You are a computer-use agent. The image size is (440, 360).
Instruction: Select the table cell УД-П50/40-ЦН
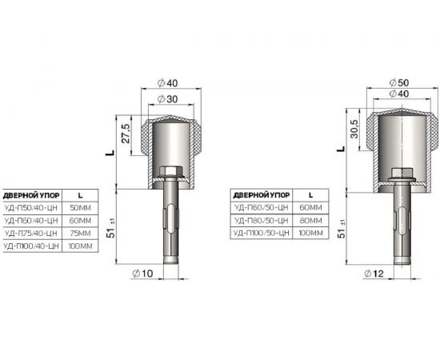(x=31, y=207)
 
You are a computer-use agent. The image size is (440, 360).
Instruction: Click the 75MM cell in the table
(x=78, y=233)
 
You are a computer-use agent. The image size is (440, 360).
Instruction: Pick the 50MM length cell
(x=78, y=207)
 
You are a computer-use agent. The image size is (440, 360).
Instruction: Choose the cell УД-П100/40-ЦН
(x=32, y=246)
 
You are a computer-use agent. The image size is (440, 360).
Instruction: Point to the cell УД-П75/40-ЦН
(x=31, y=233)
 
